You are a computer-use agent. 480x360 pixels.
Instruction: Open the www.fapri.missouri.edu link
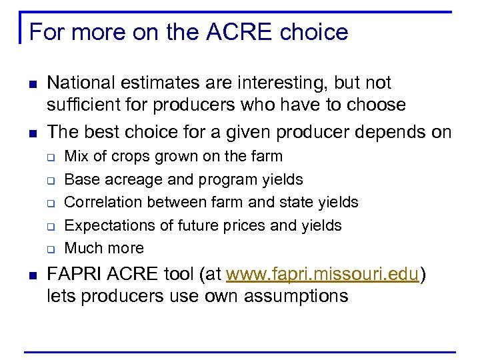pos(323,274)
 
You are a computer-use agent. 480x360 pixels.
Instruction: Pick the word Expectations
pos(111,225)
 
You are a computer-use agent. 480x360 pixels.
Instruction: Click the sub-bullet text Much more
pos(104,248)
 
